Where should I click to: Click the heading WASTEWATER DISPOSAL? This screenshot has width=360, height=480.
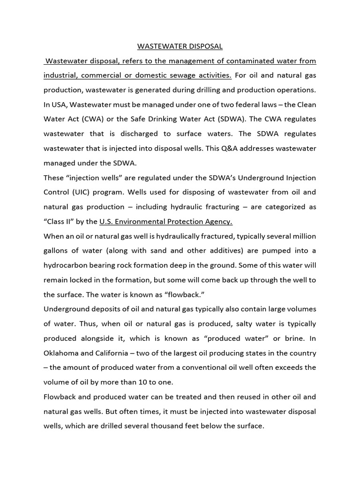click(180, 46)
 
